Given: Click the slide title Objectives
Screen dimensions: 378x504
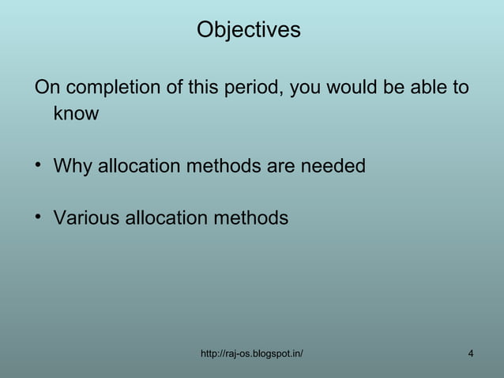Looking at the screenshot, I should [x=249, y=30].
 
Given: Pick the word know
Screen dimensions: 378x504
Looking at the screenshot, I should [x=76, y=114].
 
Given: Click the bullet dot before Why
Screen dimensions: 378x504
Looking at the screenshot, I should [x=38, y=166].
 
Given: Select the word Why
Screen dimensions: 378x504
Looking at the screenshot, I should [x=72, y=167].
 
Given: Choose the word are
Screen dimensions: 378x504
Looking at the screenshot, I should [x=279, y=167].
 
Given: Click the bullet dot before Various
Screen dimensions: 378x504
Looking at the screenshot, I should [x=38, y=217].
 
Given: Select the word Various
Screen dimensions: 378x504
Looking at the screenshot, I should [x=86, y=217].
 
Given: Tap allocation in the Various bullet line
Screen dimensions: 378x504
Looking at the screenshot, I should [x=167, y=217].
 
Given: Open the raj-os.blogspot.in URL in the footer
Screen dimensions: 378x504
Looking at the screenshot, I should [x=253, y=353].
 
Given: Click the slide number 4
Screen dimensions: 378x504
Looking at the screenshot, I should [x=471, y=353].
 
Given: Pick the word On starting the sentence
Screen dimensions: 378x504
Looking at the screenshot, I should [x=46, y=86].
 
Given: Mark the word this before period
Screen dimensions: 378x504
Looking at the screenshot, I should [x=202, y=86].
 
